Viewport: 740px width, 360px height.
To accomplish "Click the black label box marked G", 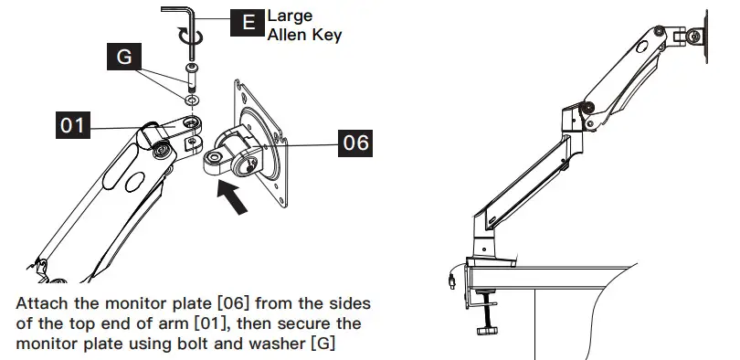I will click(x=125, y=58).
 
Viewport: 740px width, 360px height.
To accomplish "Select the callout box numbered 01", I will click(x=75, y=124).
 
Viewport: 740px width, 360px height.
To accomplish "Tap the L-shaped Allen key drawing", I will click(x=183, y=13).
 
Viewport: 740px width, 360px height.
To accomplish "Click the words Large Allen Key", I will click(x=303, y=26).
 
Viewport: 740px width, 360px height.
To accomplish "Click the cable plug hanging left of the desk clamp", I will click(x=453, y=278).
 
